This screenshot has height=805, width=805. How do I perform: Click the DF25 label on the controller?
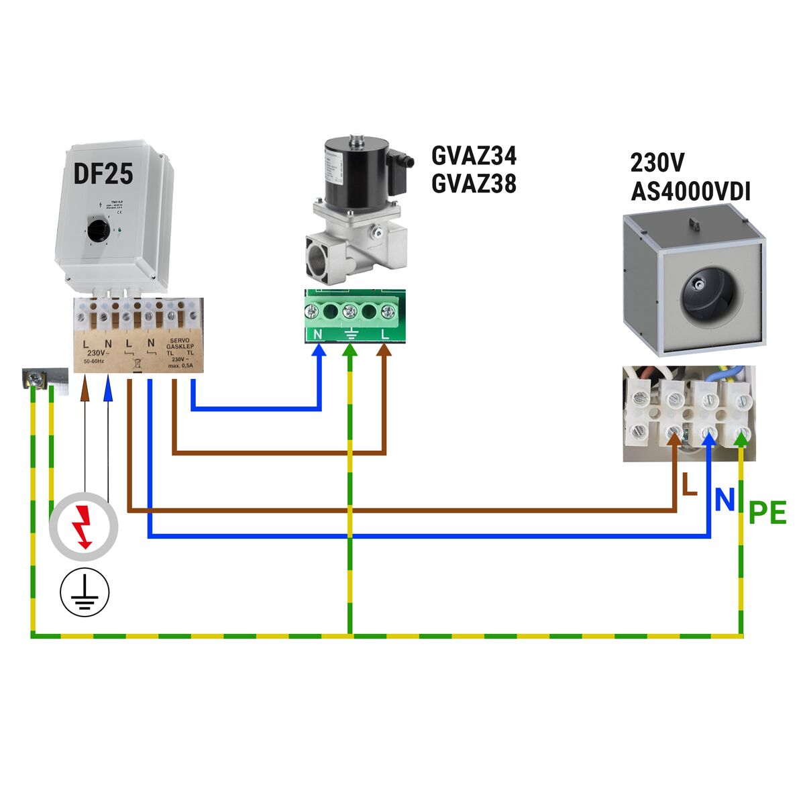point(103,174)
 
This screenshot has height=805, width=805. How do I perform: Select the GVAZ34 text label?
point(474,156)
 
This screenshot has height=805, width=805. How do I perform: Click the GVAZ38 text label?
point(474,182)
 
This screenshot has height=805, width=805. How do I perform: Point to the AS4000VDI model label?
point(690,193)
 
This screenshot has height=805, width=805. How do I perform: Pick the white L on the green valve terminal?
point(384,333)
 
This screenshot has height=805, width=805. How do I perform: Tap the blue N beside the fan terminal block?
point(724,499)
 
